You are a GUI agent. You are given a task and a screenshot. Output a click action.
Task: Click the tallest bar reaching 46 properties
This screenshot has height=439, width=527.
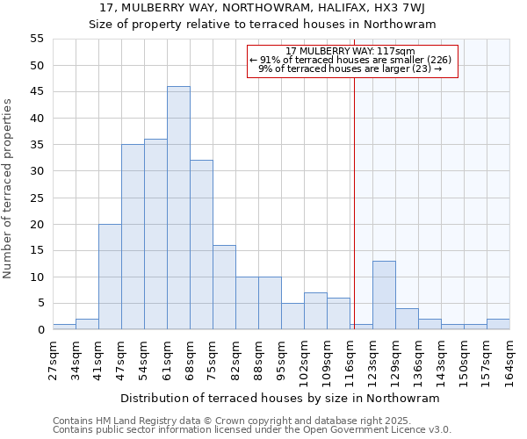tap(178, 208)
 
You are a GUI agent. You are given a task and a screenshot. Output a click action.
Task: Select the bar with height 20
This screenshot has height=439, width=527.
tap(110, 277)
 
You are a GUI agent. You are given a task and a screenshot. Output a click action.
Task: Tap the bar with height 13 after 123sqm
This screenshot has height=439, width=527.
tap(384, 295)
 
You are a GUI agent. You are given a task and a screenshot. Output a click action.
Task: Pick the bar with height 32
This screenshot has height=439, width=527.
tap(201, 245)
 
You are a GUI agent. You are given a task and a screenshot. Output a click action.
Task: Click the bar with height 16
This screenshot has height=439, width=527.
tap(224, 287)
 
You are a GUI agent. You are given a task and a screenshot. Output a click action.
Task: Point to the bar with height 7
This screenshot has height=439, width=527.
tap(315, 311)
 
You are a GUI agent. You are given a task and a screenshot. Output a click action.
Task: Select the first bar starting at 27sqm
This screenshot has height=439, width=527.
tap(64, 327)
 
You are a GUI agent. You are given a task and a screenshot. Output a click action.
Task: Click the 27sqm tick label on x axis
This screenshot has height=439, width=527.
tap(53, 360)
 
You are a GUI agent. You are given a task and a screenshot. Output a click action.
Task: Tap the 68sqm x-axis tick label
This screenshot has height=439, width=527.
tap(190, 360)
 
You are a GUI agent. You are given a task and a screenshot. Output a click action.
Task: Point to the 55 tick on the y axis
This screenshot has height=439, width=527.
tap(37, 39)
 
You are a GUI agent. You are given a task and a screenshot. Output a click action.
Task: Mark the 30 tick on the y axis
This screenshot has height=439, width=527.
tap(37, 171)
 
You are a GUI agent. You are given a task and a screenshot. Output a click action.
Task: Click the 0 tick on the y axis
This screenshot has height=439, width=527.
tap(40, 330)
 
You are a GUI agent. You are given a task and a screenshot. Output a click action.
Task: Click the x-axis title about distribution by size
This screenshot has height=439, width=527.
tap(279, 398)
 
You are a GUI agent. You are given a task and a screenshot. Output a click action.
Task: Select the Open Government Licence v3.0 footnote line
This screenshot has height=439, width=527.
tap(252, 430)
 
